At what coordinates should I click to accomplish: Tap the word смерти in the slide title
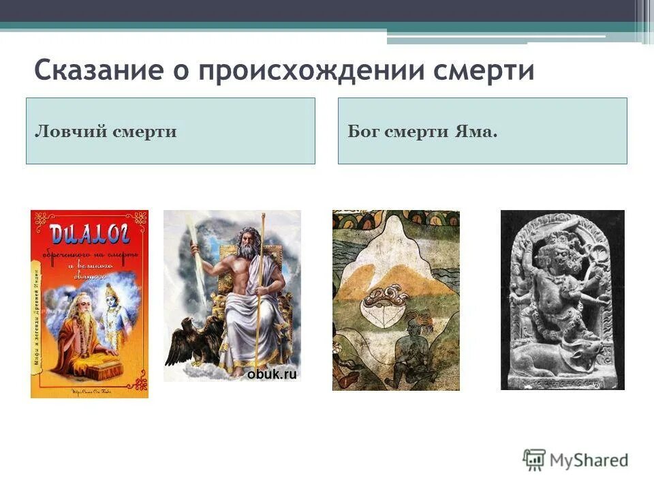(486, 70)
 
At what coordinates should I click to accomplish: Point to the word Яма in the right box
(476, 132)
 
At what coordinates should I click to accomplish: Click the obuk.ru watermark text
(271, 374)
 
